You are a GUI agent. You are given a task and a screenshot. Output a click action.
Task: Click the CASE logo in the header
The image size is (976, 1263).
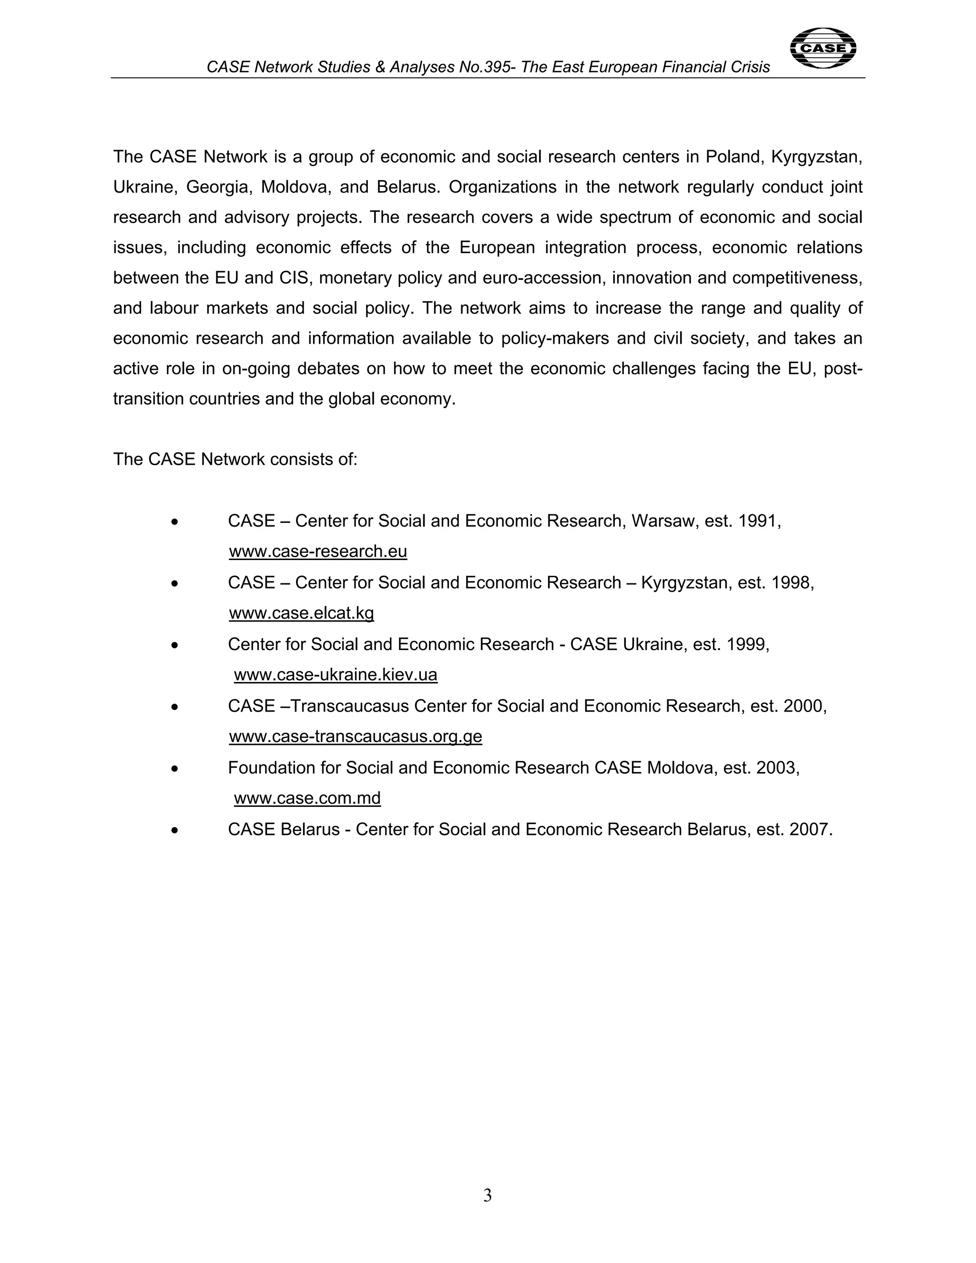pos(822,48)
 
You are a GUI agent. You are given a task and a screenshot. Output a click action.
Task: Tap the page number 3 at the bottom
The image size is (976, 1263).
pos(488,1195)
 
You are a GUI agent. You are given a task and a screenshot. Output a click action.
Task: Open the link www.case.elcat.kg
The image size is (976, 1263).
pos(301,613)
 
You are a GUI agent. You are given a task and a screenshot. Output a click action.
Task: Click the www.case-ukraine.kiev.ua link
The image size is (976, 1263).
pos(335,675)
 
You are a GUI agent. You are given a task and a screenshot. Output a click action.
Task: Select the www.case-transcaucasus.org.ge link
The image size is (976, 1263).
pos(355,736)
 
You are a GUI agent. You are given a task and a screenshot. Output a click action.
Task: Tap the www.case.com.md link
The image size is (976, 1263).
pos(307,798)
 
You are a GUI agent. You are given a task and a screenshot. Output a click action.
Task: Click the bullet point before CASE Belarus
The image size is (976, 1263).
pos(174,830)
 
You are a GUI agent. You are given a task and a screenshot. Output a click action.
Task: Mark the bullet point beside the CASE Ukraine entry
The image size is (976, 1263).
pos(174,645)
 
